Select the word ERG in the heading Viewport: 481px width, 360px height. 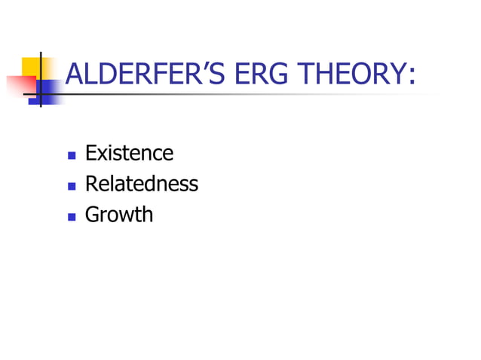pyautogui.click(x=257, y=75)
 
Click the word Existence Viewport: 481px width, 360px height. pyautogui.click(x=129, y=154)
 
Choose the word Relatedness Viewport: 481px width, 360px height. pyautogui.click(x=141, y=184)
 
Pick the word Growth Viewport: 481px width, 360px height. pyautogui.click(x=118, y=215)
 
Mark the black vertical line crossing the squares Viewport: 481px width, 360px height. pyautogui.click(x=39, y=79)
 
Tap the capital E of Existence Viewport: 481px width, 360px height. pyautogui.click(x=90, y=154)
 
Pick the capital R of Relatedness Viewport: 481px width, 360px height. pyautogui.click(x=91, y=184)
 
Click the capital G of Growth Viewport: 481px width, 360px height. pyautogui.click(x=93, y=215)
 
